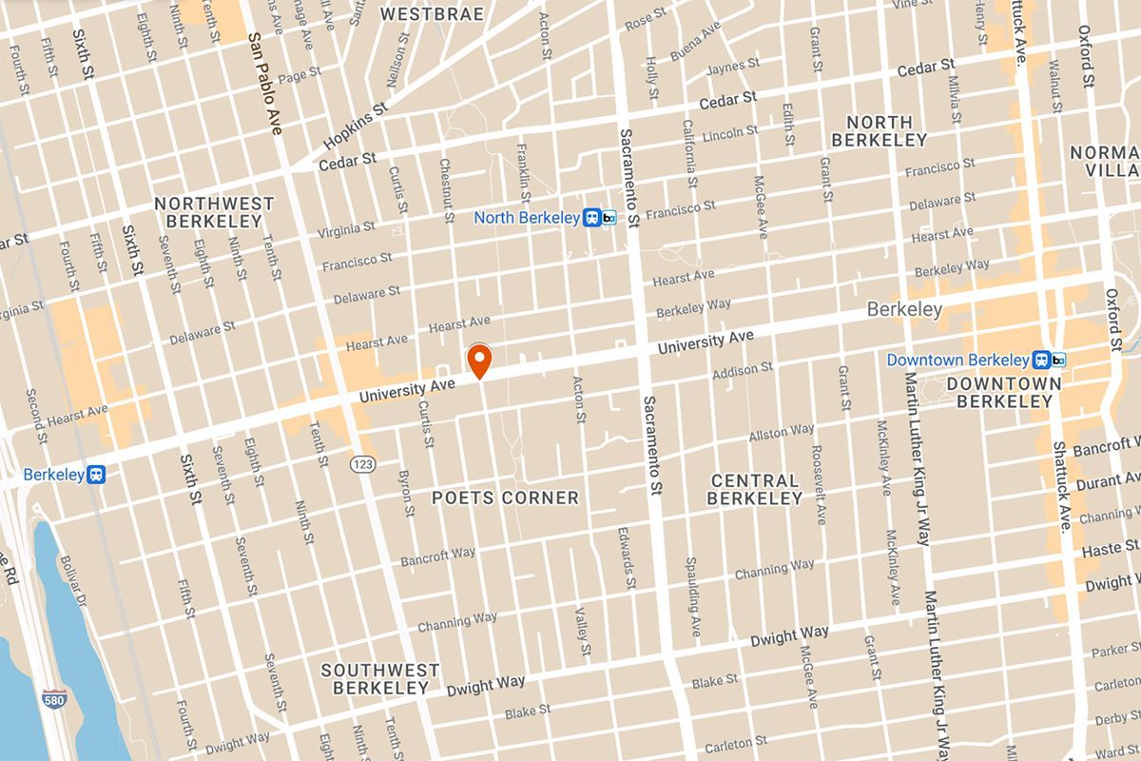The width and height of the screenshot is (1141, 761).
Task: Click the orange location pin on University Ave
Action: pyautogui.click(x=479, y=361)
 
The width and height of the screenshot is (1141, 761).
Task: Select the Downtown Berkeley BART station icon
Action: pyautogui.click(x=1051, y=361)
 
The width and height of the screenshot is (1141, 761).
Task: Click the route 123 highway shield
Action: pyautogui.click(x=360, y=462)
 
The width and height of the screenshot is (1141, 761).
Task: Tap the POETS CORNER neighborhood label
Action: pyautogui.click(x=505, y=498)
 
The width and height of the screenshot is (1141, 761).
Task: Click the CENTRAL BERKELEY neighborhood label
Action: pyautogui.click(x=755, y=489)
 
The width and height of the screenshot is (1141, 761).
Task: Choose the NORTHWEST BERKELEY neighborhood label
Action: pyautogui.click(x=214, y=212)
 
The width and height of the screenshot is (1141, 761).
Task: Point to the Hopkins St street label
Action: pyautogui.click(x=355, y=124)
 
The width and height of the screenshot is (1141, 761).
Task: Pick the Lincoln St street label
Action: pyautogui.click(x=729, y=133)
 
